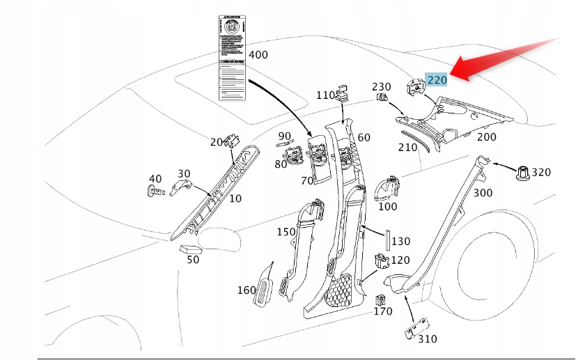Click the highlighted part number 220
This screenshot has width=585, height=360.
[437, 79]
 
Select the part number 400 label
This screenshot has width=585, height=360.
[258, 54]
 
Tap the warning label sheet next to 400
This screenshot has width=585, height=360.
[231, 58]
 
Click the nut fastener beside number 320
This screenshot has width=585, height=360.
[522, 171]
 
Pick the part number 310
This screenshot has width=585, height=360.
[428, 340]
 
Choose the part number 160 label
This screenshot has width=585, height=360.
[247, 290]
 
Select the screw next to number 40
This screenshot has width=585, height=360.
[157, 189]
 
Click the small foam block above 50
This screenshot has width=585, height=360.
[190, 248]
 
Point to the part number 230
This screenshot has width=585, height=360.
[381, 86]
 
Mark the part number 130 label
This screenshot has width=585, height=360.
[400, 242]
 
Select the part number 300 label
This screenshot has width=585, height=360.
[483, 193]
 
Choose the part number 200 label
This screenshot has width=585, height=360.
[486, 137]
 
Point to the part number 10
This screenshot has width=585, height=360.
[235, 198]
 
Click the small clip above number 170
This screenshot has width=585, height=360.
[381, 300]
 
